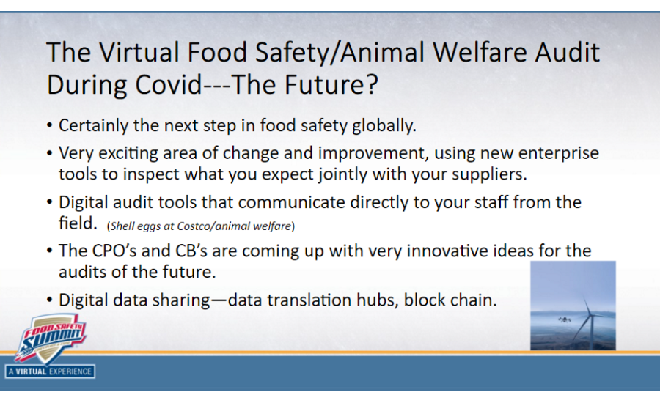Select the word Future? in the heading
pos(331,86)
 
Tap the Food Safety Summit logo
pos(50,338)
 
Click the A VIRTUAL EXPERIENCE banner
pos(50,371)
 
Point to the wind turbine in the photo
pos(584,319)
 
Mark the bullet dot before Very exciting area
pos(49,154)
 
